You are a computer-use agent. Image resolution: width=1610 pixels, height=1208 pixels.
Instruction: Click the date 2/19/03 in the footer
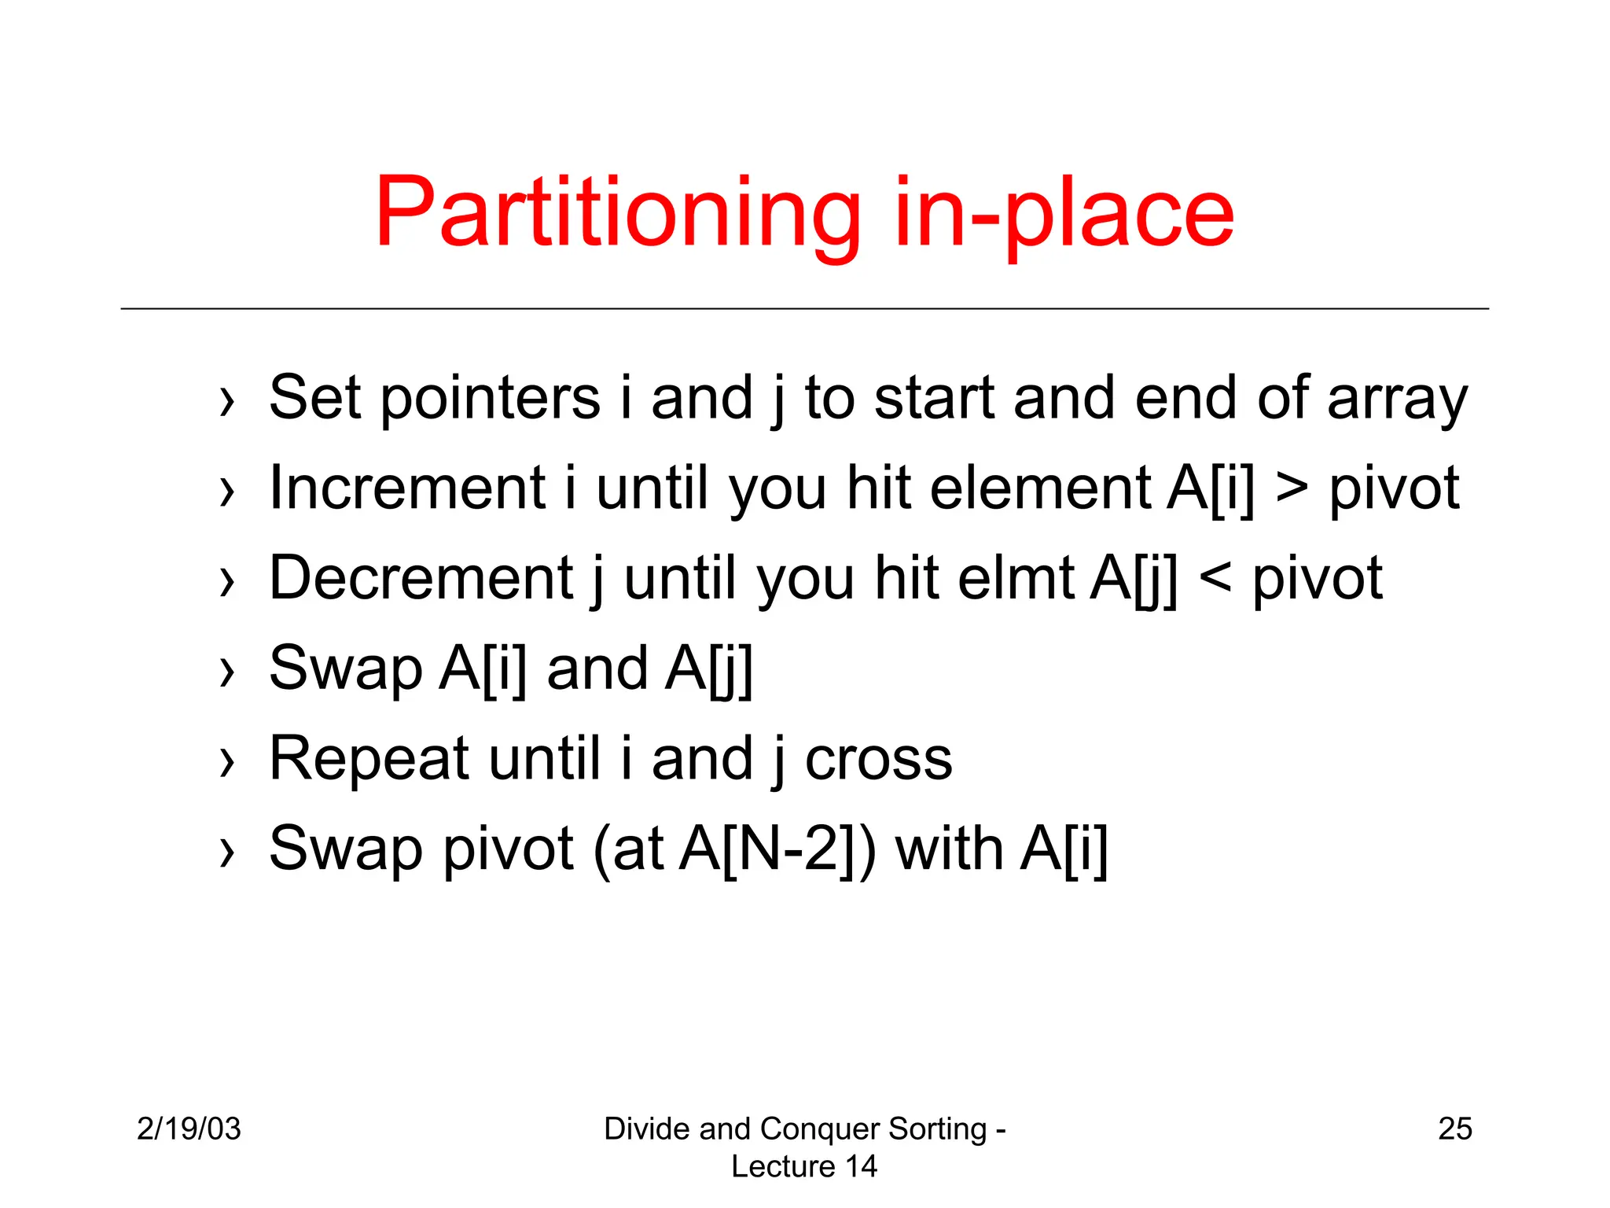coord(189,1129)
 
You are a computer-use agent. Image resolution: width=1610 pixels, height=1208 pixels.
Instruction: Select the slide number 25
coord(1455,1129)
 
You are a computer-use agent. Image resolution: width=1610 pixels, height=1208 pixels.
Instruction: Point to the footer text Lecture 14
coord(804,1166)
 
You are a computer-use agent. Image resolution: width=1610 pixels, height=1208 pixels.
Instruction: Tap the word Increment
coord(407,488)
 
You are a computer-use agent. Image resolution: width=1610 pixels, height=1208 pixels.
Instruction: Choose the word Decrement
coord(421,578)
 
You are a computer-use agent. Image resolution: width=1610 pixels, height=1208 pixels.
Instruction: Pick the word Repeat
coord(369,759)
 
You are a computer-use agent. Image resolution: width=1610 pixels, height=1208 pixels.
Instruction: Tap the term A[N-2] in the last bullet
coord(770,849)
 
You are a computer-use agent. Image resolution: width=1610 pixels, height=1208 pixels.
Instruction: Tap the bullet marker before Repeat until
coord(227,762)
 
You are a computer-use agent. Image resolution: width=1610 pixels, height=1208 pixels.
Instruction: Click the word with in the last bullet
coord(949,849)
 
